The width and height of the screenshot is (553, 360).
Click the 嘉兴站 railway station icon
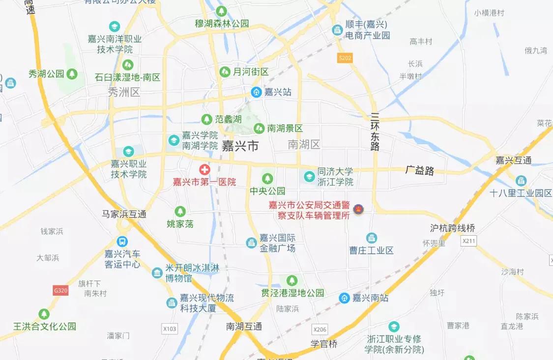pyautogui.click(x=256, y=92)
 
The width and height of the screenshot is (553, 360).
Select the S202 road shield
pyautogui.click(x=345, y=58)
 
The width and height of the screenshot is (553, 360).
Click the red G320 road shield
pyautogui.click(x=60, y=290)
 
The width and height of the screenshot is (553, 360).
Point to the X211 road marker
pyautogui.click(x=469, y=241)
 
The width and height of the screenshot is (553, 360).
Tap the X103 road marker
pyautogui.click(x=170, y=328)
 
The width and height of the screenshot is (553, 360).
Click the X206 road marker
pyautogui.click(x=320, y=329)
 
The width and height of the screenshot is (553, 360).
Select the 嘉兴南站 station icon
pyautogui.click(x=345, y=298)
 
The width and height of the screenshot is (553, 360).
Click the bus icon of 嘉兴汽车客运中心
pyautogui.click(x=122, y=242)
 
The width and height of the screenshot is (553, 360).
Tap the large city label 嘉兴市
pyautogui.click(x=240, y=146)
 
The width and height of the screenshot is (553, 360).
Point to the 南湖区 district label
pyautogui.click(x=304, y=144)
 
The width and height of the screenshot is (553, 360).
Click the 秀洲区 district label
pyautogui.click(x=124, y=92)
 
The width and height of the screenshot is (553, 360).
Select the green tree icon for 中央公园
pyautogui.click(x=267, y=178)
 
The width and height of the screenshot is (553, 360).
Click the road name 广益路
pyautogui.click(x=420, y=171)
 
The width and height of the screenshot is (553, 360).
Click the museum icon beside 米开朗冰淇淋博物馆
pyautogui.click(x=157, y=273)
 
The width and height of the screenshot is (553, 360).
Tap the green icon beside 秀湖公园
pyautogui.click(x=72, y=74)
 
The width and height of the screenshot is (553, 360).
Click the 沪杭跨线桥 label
pyautogui.click(x=453, y=228)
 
